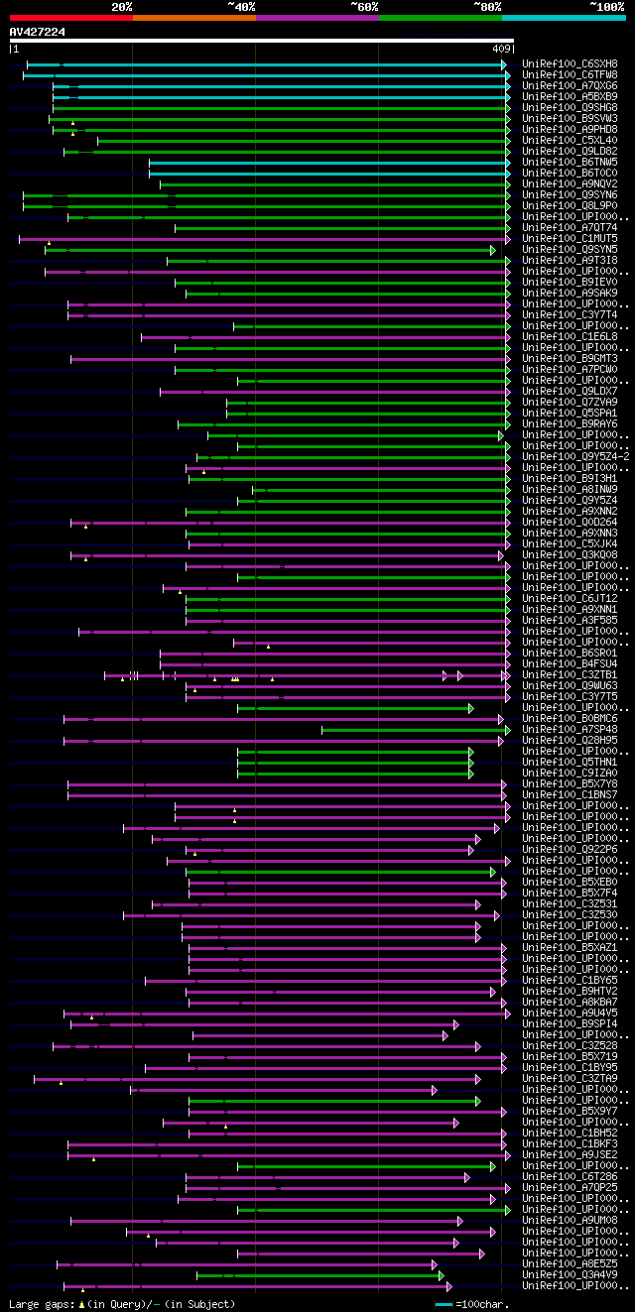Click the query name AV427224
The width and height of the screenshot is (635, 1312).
point(38,32)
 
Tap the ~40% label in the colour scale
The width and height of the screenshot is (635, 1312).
point(241,7)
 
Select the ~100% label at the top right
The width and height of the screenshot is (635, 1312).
point(607,7)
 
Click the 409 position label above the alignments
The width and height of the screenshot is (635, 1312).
point(501,49)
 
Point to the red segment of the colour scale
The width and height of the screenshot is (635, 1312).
point(70,17)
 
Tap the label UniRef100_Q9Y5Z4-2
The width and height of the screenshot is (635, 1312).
point(573,456)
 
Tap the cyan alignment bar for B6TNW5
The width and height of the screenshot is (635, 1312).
point(327,163)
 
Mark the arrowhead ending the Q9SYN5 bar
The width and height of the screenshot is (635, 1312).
point(492,250)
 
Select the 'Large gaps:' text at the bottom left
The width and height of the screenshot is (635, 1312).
point(40,1304)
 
